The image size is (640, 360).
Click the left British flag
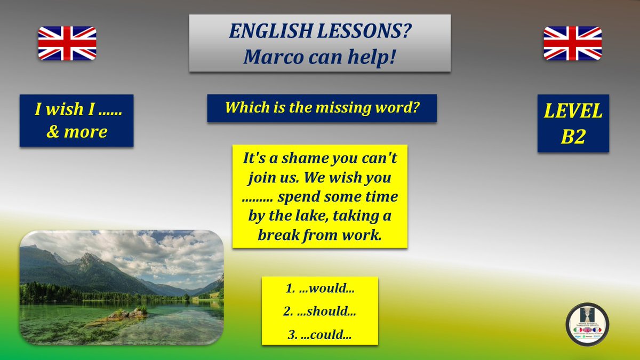[67, 43]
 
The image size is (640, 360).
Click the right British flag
[572, 43]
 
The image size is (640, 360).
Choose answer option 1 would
[320, 290]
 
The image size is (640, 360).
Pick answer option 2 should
[320, 313]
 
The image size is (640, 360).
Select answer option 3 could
[320, 335]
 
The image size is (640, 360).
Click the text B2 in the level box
[573, 137]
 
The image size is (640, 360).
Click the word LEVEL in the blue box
[573, 111]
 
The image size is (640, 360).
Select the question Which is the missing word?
[322, 108]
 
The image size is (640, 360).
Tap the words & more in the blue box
[77, 132]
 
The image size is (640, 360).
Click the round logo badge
[587, 324]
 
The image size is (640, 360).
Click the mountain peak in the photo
[85, 258]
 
